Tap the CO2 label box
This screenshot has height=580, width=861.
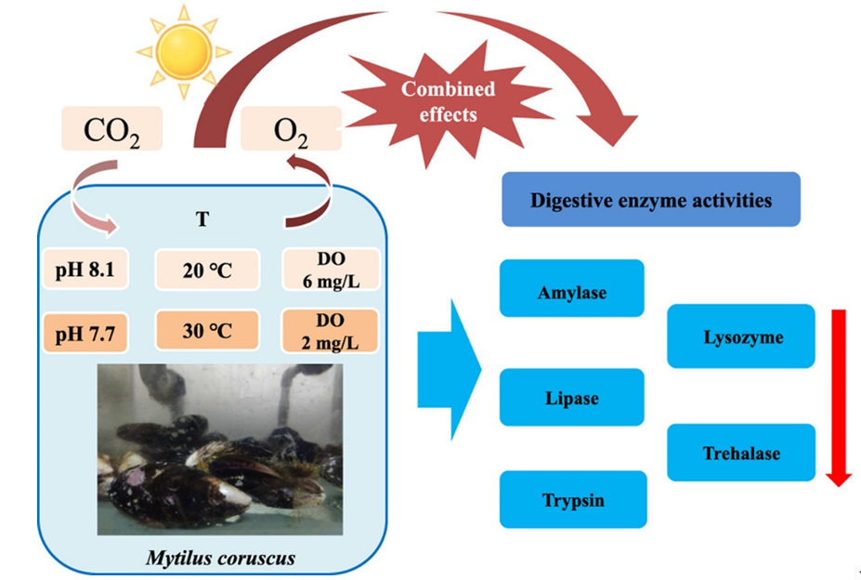111,129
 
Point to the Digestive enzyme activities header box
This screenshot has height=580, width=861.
650,199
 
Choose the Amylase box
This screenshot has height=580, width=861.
571,292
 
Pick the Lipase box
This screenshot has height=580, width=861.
571,398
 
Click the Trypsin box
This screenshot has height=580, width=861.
572,500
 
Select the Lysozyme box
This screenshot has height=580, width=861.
741,336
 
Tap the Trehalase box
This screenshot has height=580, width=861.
741,453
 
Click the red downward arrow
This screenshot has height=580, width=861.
839,395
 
